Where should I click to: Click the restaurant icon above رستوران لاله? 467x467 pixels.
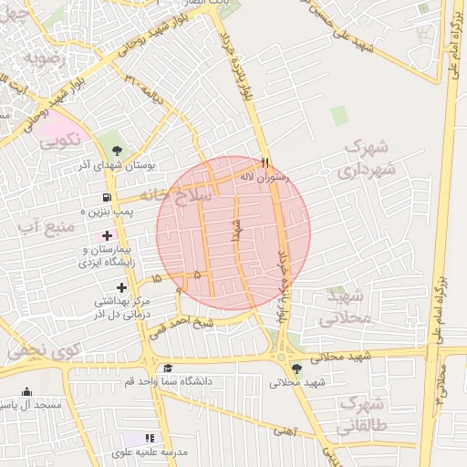click(265, 162)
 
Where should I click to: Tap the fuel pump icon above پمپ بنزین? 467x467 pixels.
click(108, 198)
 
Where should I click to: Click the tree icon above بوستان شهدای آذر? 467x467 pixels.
click(116, 151)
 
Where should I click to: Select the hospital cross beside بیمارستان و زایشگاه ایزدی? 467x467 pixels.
click(107, 236)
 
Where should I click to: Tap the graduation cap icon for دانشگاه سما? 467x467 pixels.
click(167, 368)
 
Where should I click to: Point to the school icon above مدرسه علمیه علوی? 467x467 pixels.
click(150, 439)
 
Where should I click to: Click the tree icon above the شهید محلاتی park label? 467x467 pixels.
click(296, 368)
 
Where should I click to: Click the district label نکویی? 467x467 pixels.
click(59, 140)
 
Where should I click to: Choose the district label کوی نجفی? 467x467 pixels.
click(41, 349)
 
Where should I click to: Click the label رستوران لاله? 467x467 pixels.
click(263, 177)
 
